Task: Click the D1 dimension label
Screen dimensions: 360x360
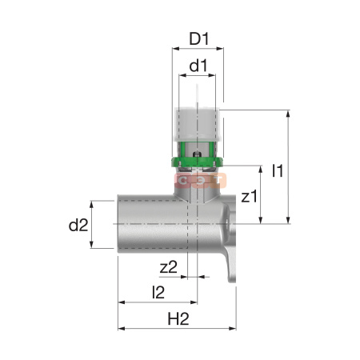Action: click(x=199, y=38)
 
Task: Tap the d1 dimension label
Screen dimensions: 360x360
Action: click(x=198, y=66)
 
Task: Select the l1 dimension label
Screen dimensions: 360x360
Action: click(x=278, y=170)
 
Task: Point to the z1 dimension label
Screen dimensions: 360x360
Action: click(x=249, y=196)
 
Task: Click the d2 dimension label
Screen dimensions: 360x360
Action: click(x=78, y=225)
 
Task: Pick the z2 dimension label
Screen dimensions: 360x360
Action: click(x=169, y=267)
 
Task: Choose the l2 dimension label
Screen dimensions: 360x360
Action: click(x=158, y=292)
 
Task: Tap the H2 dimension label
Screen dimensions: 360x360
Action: click(x=178, y=318)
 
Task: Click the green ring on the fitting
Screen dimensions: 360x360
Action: click(x=197, y=162)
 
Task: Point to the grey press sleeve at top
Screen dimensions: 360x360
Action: click(x=197, y=125)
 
